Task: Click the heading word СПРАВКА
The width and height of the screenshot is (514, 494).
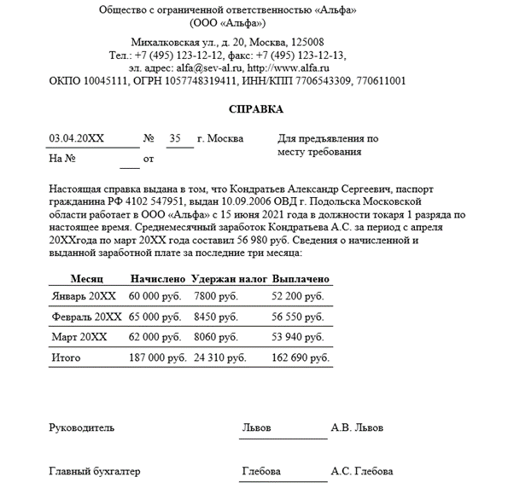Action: point(256,110)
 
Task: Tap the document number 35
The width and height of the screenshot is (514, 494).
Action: point(175,138)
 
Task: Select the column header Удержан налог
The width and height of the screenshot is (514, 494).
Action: point(230,279)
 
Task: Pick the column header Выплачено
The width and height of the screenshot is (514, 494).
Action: point(301,279)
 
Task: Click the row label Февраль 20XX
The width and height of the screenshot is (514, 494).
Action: point(86,316)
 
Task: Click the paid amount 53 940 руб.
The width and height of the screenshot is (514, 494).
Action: point(297,337)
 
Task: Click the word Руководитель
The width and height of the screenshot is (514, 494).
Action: point(81,427)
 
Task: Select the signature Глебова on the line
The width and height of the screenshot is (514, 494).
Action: point(261,471)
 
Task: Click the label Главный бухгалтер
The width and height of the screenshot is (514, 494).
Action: point(95,471)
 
